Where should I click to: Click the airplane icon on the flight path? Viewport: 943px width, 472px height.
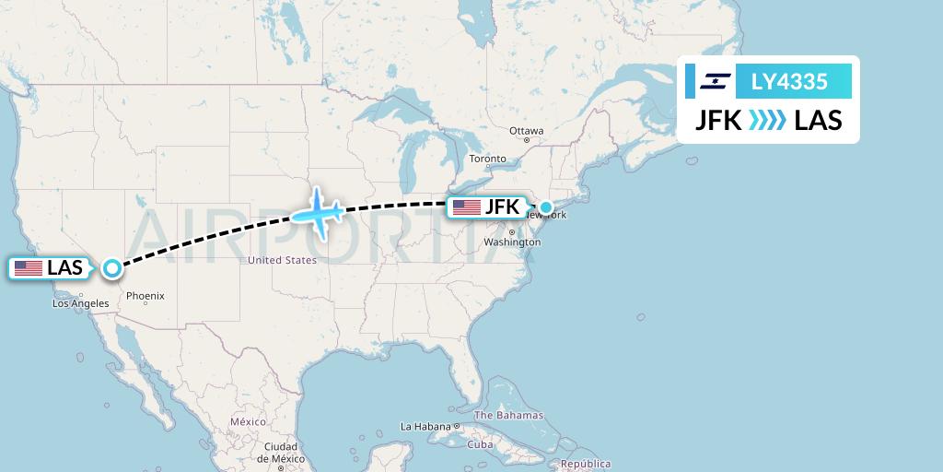[x=317, y=213]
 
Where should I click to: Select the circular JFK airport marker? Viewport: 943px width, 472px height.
[x=546, y=207]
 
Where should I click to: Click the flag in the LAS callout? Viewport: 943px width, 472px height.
[x=29, y=268]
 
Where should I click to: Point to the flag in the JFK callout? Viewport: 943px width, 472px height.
[x=467, y=207]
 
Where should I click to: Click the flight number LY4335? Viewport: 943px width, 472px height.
[x=789, y=81]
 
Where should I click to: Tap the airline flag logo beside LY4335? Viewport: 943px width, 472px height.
[x=715, y=81]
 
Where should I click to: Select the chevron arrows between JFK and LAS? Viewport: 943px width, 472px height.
[x=767, y=120]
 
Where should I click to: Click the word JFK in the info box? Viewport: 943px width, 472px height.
[x=717, y=120]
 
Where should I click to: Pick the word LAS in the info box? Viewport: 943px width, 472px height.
[x=818, y=120]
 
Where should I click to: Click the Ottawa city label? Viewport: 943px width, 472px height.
[x=527, y=131]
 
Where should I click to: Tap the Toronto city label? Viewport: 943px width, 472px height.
[x=487, y=159]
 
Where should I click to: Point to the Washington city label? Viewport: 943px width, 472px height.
[x=512, y=242]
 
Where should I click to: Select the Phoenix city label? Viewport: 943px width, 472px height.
[x=146, y=296]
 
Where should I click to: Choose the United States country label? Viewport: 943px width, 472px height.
[x=282, y=261]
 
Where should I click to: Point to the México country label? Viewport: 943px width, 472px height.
[x=248, y=421]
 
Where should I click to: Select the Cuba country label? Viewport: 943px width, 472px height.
[x=479, y=443]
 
